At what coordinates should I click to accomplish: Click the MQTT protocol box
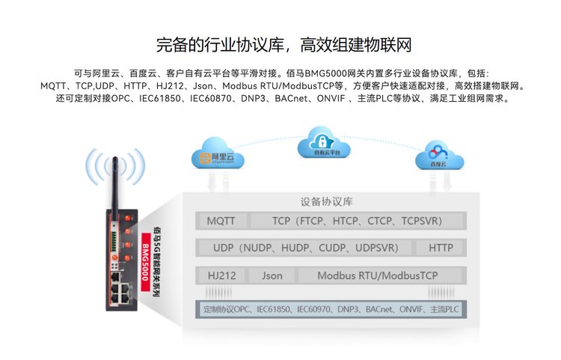point(221,221)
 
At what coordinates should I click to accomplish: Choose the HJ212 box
point(221,275)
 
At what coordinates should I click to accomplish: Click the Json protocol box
point(272,275)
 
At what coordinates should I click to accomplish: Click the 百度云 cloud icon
point(441,156)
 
